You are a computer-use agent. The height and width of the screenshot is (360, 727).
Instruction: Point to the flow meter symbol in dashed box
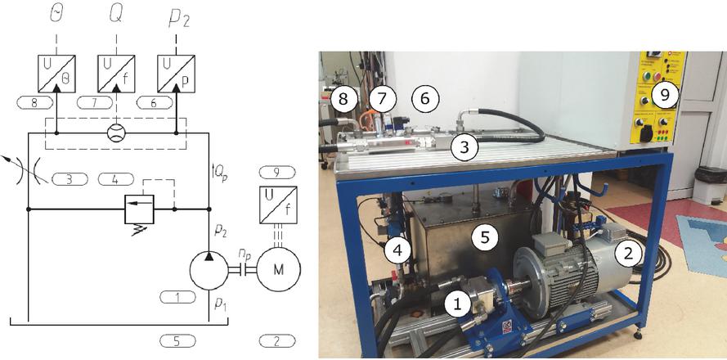click(116, 133)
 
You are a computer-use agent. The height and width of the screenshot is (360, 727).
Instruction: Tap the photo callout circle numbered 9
click(665, 96)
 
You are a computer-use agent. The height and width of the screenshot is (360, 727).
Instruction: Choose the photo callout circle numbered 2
click(628, 253)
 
